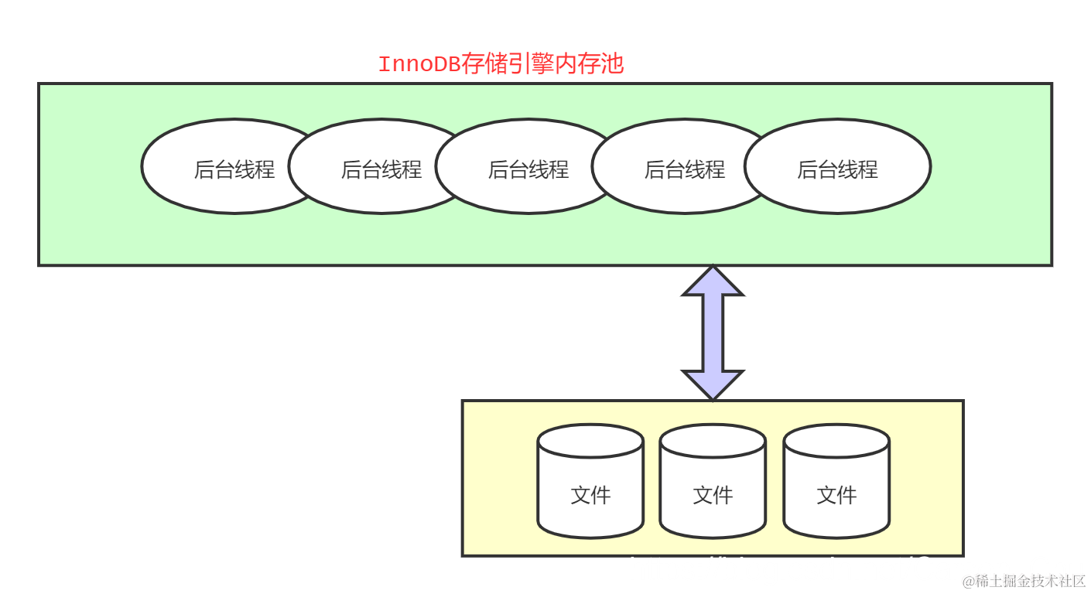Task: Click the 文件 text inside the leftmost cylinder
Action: coord(590,495)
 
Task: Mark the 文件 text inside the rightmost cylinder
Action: coord(836,495)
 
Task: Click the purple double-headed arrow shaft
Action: coord(713,333)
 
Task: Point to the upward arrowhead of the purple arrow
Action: coord(713,284)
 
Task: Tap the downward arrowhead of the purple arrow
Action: coord(713,384)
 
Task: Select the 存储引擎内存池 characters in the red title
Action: coord(542,64)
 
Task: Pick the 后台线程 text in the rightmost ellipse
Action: coord(838,169)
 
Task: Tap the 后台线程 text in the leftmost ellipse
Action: coord(234,169)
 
